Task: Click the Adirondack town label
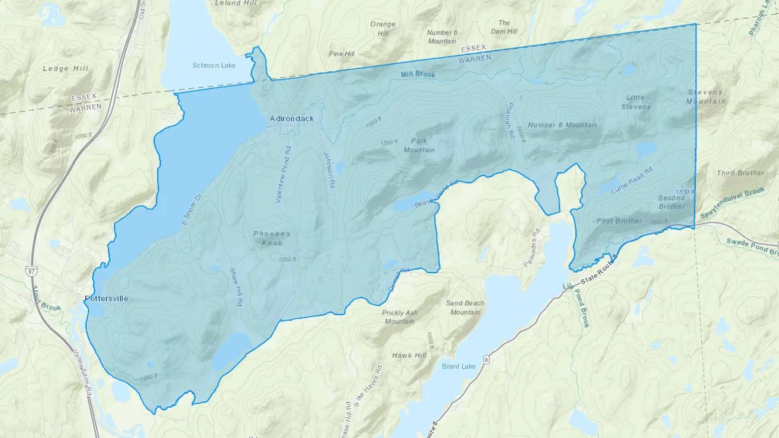(x=292, y=118)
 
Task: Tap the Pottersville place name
(x=106, y=298)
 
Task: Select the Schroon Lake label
(x=214, y=65)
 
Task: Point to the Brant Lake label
(x=459, y=366)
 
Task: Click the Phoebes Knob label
(x=272, y=238)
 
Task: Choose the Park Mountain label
(x=419, y=145)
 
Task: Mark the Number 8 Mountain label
(x=563, y=125)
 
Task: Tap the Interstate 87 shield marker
(x=31, y=272)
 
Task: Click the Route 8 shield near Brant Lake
(x=487, y=360)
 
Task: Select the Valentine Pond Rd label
(x=283, y=175)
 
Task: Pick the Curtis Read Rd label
(x=631, y=180)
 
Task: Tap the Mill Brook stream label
(x=418, y=74)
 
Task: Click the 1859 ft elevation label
(x=685, y=192)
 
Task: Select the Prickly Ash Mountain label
(x=400, y=317)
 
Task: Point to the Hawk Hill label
(x=409, y=355)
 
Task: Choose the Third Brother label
(x=740, y=173)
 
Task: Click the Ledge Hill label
(x=65, y=68)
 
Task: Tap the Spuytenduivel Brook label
(x=732, y=202)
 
